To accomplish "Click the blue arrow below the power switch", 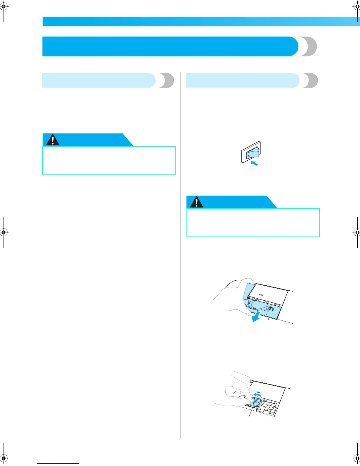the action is coord(254,163).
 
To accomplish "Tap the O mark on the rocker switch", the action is coord(249,155).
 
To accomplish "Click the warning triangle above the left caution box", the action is coord(53,140).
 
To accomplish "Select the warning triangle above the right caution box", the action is coord(196,202).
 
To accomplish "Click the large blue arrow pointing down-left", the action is coord(255,317).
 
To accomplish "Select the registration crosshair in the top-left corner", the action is coord(4,6).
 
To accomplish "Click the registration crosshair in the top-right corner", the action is coord(356,6).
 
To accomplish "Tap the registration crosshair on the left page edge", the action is coord(4,232).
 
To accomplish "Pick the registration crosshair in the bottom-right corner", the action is coord(356,458).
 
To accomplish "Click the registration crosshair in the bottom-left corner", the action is coord(4,458).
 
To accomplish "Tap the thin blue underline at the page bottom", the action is coord(58,464).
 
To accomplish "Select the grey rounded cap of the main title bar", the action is coord(309,46).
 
